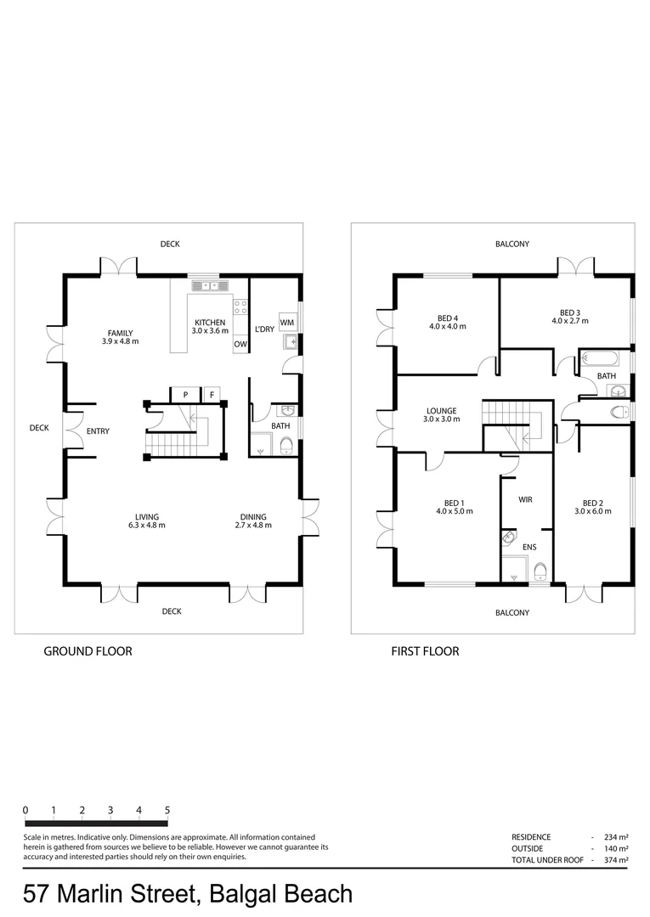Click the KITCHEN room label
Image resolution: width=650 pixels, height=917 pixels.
(210, 323)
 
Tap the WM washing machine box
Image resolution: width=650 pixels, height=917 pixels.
(287, 323)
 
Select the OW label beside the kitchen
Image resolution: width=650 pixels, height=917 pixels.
(240, 344)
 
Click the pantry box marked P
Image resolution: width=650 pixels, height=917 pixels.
(184, 394)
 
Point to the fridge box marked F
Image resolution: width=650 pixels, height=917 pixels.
(212, 394)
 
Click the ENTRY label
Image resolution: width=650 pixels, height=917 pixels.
(98, 431)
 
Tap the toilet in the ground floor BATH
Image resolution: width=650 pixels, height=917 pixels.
(286, 446)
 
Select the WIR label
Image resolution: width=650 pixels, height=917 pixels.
(525, 500)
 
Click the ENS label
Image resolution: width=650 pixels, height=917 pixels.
(528, 548)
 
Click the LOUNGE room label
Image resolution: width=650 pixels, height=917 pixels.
(442, 411)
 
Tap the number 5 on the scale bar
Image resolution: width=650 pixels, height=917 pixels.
(167, 810)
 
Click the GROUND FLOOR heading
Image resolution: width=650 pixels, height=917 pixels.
(88, 651)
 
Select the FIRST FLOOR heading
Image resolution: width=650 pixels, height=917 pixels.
(425, 651)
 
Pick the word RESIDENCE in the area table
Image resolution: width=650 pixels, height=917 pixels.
(531, 836)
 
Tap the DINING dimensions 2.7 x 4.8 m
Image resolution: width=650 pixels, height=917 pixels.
(253, 526)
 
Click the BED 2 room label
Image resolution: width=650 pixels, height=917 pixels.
(592, 502)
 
